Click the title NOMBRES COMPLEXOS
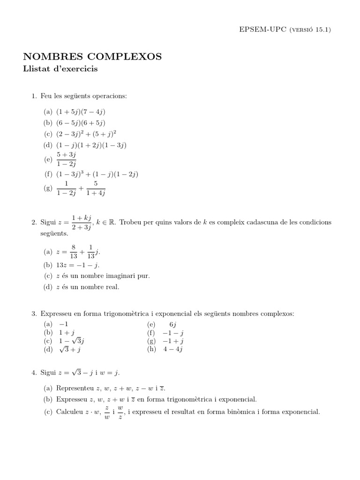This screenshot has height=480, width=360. click(92, 57)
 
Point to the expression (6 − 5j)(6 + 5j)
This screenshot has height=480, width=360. click(81, 123)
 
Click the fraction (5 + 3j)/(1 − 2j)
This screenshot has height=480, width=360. click(66, 159)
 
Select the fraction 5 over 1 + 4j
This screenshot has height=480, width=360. click(96, 188)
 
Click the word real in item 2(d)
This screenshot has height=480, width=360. click(112, 287)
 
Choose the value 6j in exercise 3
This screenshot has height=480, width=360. click(172, 324)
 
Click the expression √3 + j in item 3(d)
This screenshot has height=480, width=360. click(70, 349)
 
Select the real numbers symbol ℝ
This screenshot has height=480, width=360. click(113, 222)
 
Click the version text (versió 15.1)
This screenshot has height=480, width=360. click(311, 29)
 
